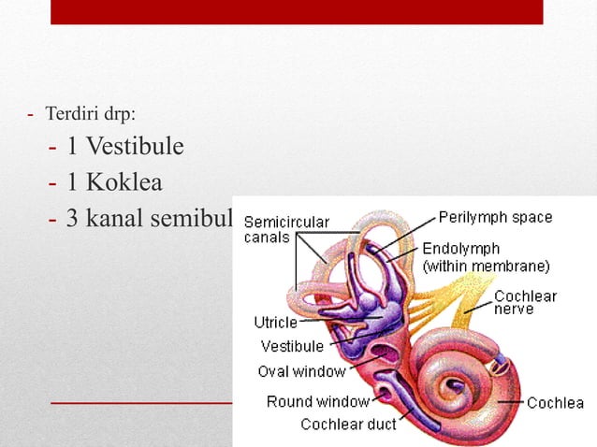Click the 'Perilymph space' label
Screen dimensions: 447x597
click(x=495, y=218)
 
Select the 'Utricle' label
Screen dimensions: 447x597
click(x=276, y=323)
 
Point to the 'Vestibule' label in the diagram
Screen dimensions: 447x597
click(x=292, y=347)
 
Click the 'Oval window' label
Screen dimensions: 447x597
click(x=301, y=371)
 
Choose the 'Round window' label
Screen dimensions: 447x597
click(x=318, y=402)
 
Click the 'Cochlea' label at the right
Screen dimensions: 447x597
click(x=555, y=404)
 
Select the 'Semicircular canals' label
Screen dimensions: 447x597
click(x=285, y=229)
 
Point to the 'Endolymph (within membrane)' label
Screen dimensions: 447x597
click(x=486, y=257)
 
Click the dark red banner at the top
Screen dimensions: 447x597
click(x=296, y=11)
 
